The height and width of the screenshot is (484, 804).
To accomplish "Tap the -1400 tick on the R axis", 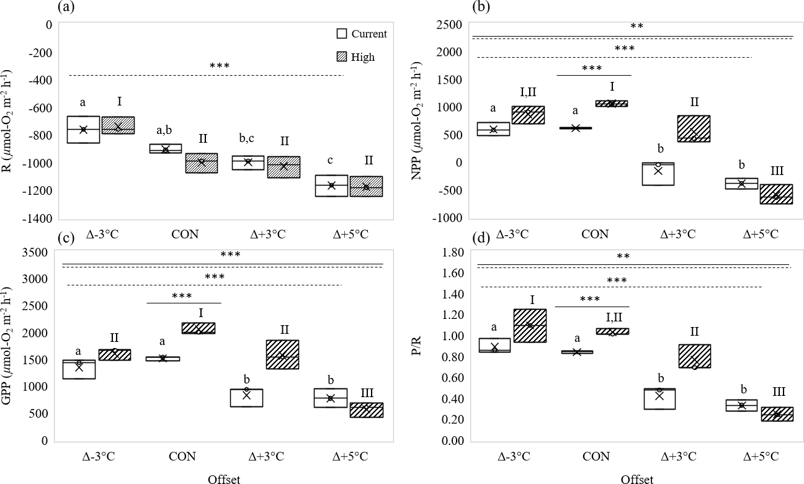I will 38,218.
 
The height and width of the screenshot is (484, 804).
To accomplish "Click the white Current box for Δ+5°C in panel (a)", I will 331,186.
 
